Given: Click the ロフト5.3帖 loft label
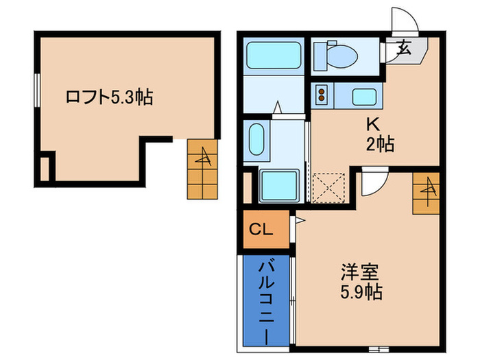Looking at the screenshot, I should tap(108, 98).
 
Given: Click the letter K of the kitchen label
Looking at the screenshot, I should tap(374, 125).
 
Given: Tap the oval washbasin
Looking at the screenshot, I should tap(256, 140).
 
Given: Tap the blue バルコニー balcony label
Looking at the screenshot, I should tap(265, 300).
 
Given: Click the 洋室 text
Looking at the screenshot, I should tap(358, 272).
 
